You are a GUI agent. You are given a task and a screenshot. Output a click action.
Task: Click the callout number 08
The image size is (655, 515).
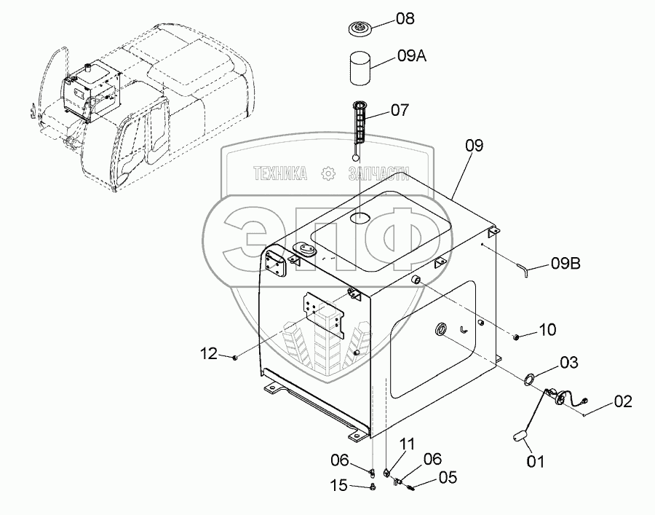tap(405, 19)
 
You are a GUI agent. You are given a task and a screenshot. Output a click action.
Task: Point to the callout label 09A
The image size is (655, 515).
tap(412, 55)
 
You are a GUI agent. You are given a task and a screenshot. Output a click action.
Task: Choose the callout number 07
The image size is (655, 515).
tap(400, 111)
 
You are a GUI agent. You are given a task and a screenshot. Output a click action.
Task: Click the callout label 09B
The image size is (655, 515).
tap(565, 264)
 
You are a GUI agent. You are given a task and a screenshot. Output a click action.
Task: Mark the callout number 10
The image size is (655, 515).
tap(547, 330)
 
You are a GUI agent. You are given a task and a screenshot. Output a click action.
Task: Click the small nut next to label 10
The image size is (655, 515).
tap(516, 337)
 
